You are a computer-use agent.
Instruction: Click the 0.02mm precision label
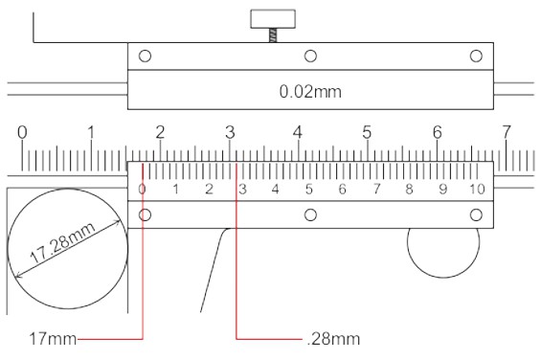(x=310, y=92)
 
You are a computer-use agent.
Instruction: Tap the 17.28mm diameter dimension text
(x=62, y=243)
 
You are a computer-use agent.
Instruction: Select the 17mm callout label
(x=53, y=339)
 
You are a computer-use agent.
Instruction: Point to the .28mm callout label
(x=333, y=339)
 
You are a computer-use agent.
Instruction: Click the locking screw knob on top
(x=273, y=19)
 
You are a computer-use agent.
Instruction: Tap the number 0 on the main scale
(x=22, y=132)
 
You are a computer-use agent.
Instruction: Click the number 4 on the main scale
(x=298, y=132)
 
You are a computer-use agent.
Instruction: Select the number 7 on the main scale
(x=506, y=132)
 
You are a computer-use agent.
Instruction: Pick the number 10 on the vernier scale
(x=477, y=190)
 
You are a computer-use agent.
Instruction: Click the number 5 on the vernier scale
(x=308, y=190)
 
